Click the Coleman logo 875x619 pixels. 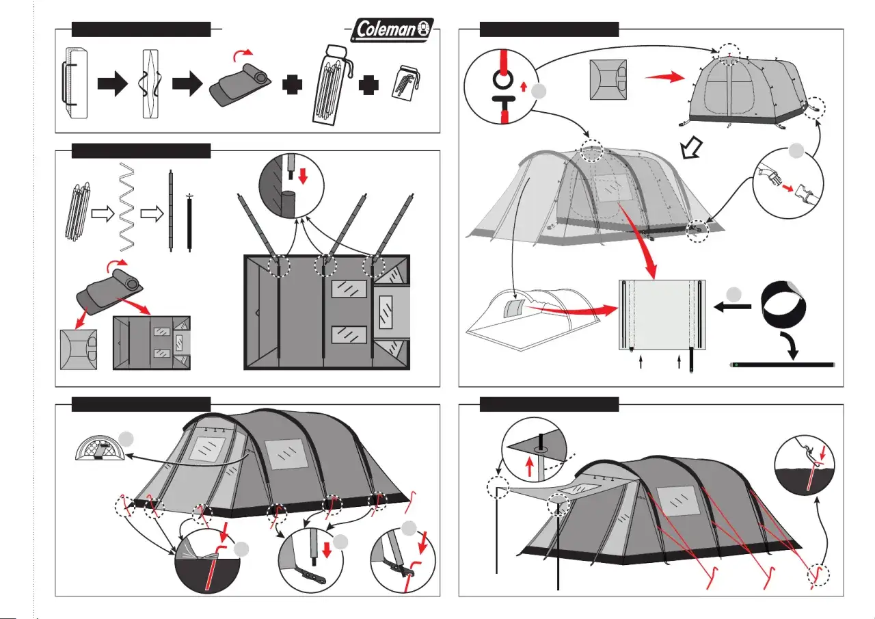click(392, 29)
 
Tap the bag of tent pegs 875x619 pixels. click(405, 83)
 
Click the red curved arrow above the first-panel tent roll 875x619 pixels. click(243, 55)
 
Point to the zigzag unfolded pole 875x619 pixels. click(127, 207)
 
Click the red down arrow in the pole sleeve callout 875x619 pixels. click(303, 176)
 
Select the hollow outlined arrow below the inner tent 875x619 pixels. click(691, 148)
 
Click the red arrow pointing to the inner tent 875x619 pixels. click(664, 77)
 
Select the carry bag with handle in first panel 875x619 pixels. click(75, 83)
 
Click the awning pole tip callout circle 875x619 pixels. click(534, 449)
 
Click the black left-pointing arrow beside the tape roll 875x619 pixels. click(732, 307)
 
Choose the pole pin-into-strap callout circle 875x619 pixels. click(311, 560)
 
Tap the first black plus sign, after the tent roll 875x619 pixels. click(292, 84)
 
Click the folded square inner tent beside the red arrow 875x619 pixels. click(608, 80)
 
